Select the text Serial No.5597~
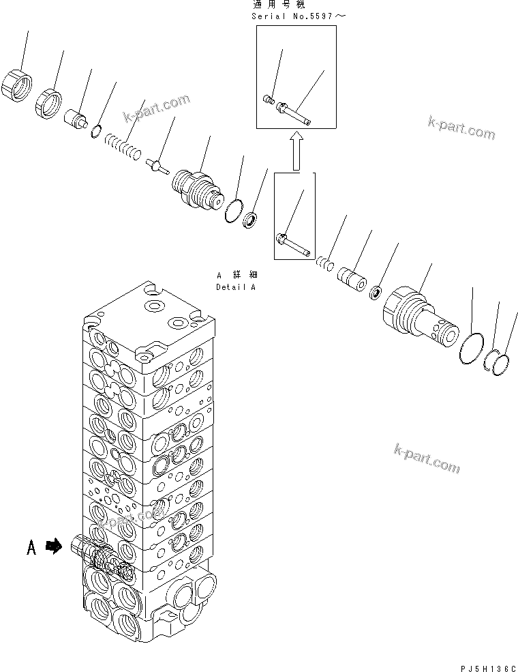tap(294, 15)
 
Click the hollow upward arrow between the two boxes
tap(295, 151)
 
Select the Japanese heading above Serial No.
tap(280, 5)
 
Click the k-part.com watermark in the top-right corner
tap(461, 128)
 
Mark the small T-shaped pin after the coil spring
tap(158, 166)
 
